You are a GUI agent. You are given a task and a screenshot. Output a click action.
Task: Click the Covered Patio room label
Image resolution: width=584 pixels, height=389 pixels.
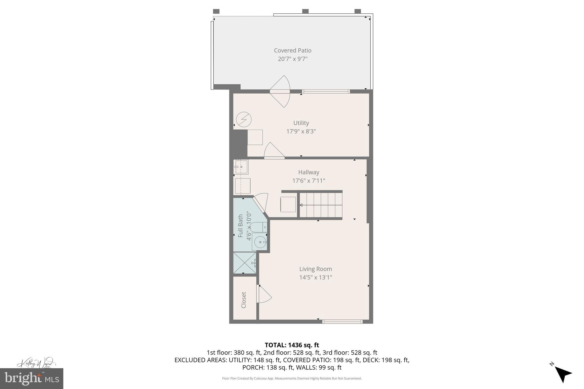[x=293, y=50]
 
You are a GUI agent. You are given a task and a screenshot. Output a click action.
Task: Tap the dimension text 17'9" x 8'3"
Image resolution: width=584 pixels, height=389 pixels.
[x=301, y=131]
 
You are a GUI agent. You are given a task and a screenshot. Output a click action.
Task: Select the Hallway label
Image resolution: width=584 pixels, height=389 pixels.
[x=309, y=172]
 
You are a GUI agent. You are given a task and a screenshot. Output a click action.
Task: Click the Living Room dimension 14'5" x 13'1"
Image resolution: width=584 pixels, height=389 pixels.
[x=315, y=277]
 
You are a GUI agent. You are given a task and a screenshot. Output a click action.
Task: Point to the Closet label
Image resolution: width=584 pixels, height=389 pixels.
[x=244, y=300]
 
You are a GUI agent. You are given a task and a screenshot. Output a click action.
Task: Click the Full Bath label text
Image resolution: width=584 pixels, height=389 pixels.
[x=240, y=226]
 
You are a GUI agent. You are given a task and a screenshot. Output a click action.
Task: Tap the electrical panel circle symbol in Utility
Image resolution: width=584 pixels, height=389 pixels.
[x=244, y=119]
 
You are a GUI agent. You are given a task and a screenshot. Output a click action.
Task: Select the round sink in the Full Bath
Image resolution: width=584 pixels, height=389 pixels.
[x=260, y=242]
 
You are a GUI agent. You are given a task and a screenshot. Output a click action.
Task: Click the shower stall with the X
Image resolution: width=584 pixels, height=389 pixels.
[x=244, y=263]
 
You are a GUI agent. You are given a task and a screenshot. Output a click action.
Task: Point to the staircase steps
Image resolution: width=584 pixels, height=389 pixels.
[x=321, y=205]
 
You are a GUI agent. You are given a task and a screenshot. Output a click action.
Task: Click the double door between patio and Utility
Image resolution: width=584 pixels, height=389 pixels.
[x=280, y=91]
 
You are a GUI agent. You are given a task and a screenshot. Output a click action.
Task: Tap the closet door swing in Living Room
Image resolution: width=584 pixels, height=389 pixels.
[x=263, y=294]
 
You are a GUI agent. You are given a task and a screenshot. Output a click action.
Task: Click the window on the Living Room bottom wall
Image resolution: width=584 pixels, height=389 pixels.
[x=342, y=322]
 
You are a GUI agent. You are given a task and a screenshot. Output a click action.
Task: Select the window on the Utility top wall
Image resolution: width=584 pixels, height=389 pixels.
[x=326, y=91]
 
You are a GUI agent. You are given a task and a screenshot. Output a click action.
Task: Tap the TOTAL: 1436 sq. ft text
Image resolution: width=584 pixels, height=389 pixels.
[x=292, y=345]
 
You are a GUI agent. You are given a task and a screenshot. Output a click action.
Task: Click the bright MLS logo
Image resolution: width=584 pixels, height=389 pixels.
[x=32, y=378]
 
